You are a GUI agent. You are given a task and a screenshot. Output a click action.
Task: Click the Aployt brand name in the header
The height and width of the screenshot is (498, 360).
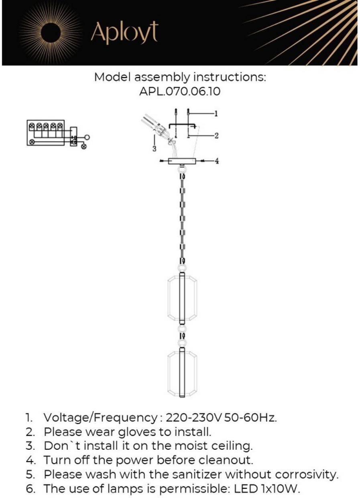[124, 33]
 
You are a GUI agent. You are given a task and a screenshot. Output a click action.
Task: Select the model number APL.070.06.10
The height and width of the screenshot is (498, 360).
[180, 92]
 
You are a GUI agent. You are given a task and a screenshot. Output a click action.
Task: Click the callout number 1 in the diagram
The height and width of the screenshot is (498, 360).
[216, 114]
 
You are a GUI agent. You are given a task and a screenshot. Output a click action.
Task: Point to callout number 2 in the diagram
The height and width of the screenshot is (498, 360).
[216, 135]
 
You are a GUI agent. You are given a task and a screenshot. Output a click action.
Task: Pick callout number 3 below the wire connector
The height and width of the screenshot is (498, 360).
[154, 149]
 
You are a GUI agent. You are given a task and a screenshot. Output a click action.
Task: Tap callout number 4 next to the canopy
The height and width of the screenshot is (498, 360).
[217, 161]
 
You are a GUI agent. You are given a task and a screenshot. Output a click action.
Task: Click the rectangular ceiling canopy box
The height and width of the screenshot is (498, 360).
[182, 161]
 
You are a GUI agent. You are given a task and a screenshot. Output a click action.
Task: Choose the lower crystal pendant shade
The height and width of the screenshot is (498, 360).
[182, 372]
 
